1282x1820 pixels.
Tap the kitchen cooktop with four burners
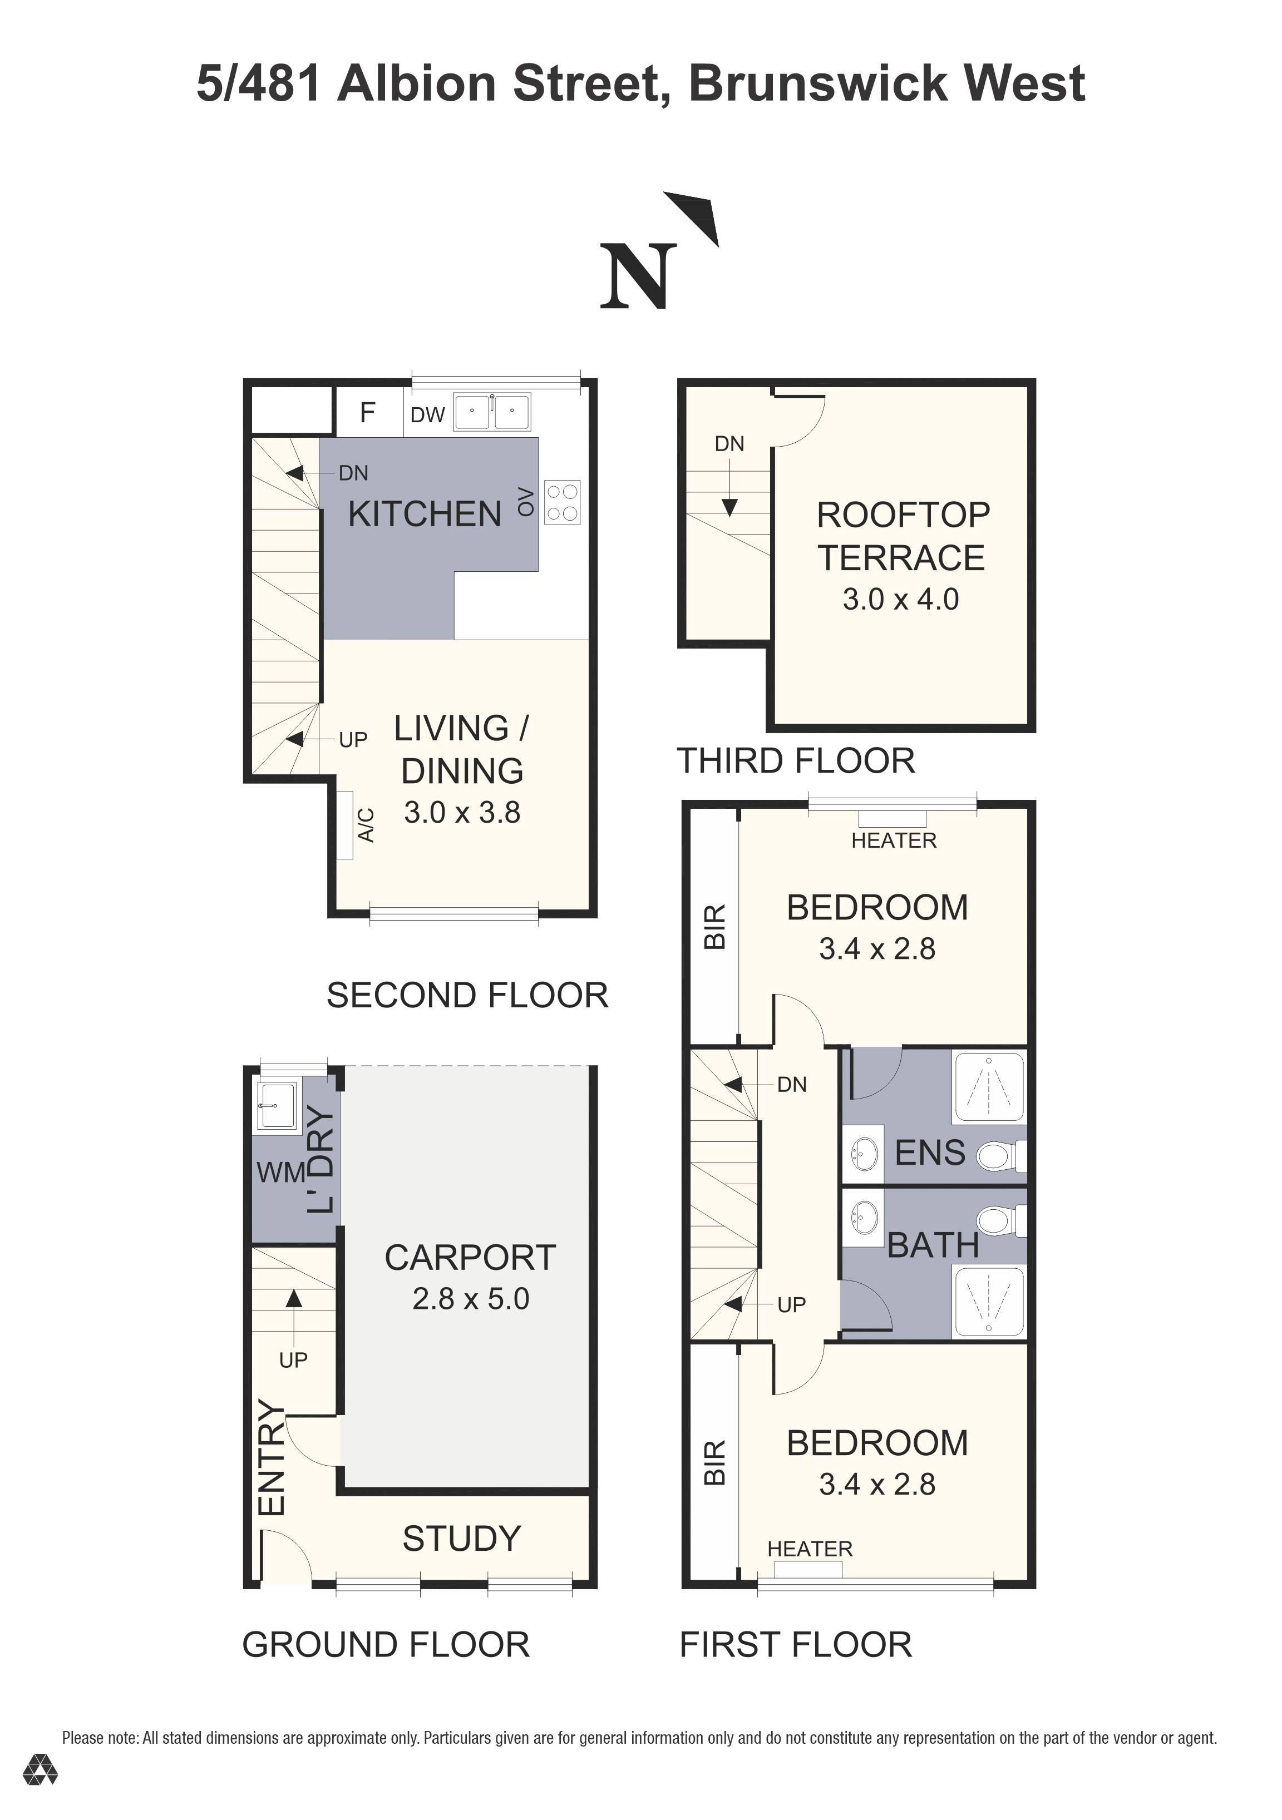point(562,503)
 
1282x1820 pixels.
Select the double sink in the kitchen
point(491,412)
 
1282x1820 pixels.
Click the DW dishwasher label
point(427,414)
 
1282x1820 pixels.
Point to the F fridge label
point(367,412)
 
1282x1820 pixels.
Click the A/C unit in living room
point(345,825)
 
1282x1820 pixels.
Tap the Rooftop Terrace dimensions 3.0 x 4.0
point(901,599)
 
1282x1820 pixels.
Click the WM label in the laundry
point(280,1173)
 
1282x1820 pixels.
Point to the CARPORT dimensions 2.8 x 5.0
point(470,1298)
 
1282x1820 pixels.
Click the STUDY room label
point(461,1539)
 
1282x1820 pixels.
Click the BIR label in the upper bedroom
point(714,927)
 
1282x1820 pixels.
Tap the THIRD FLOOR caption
point(795,761)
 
